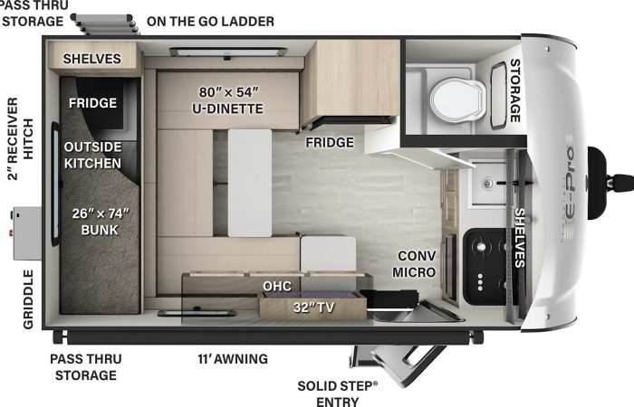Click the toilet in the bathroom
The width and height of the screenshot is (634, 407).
(458, 99)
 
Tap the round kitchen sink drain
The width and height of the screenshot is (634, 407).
(488, 183)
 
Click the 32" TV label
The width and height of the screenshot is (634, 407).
(313, 308)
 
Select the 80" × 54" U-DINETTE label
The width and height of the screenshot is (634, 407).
(227, 100)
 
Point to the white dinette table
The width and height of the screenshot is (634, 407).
(250, 183)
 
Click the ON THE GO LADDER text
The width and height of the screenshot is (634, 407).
(210, 22)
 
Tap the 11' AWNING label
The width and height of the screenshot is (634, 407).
(233, 358)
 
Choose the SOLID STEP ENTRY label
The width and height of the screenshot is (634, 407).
(337, 393)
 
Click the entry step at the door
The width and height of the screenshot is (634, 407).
(399, 362)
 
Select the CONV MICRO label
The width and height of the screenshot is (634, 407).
(414, 264)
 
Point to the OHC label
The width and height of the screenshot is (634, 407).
(277, 287)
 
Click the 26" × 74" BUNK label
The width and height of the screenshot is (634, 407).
(100, 222)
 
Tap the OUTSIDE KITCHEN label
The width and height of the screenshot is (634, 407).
(92, 155)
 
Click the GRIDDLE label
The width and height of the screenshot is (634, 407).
(28, 299)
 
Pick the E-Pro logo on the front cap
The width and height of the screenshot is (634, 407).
(570, 188)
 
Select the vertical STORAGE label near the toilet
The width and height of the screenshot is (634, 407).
(514, 90)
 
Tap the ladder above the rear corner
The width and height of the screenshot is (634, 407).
(105, 24)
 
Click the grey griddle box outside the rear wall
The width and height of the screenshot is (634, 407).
(26, 233)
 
